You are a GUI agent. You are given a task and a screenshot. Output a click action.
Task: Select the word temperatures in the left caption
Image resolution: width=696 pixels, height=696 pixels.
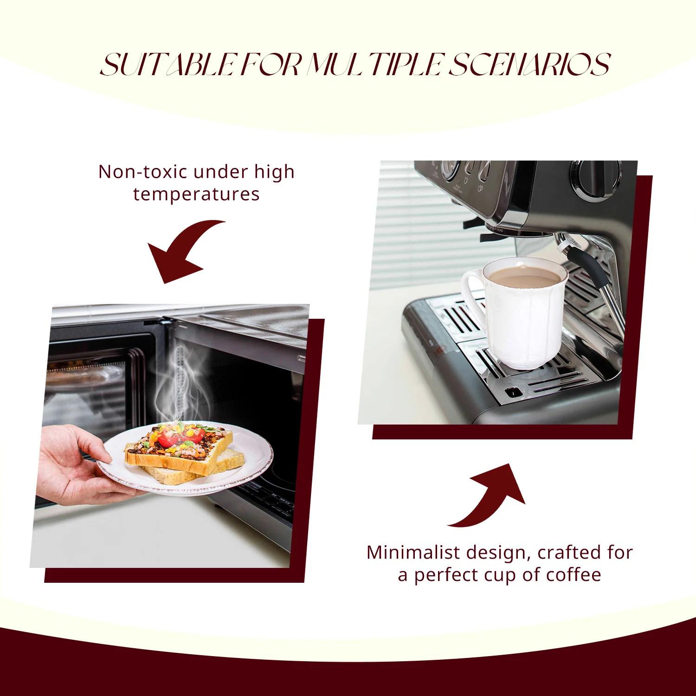196,193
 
